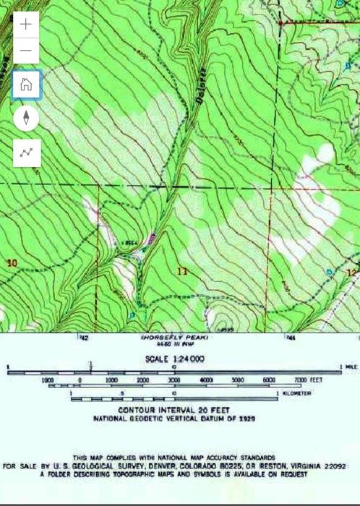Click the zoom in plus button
pyautogui.click(x=26, y=24)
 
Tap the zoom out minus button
pyautogui.click(x=26, y=51)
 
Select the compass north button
pyautogui.click(x=26, y=118)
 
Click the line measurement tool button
pyautogui.click(x=26, y=153)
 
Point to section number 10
pyautogui.click(x=11, y=262)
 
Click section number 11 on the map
pyautogui.click(x=182, y=272)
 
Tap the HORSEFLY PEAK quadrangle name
pyautogui.click(x=173, y=338)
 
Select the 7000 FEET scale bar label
pyautogui.click(x=307, y=379)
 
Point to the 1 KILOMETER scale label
pyautogui.click(x=297, y=393)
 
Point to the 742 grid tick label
pyautogui.click(x=84, y=338)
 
